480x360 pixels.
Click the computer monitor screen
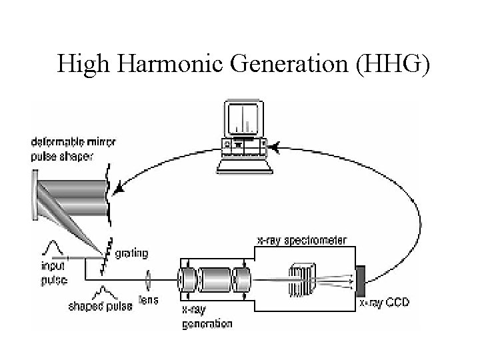pos(243,118)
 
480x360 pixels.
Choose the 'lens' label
pos(149,301)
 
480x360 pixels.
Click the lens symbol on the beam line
pos(148,275)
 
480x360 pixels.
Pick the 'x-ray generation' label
pos(207,318)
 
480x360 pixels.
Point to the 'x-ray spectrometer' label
pos(301,240)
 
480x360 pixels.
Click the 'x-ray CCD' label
pos(385,303)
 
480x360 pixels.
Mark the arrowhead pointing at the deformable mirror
pos(118,190)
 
